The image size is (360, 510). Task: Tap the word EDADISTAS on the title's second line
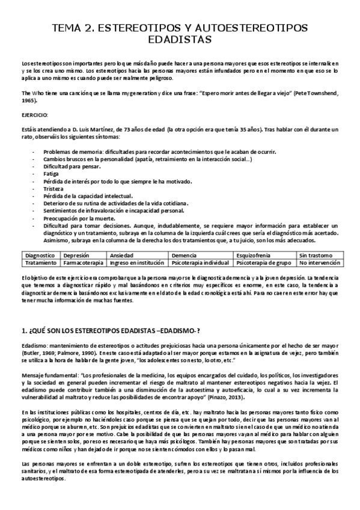(x=180, y=40)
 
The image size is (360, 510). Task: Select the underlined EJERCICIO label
(x=34, y=114)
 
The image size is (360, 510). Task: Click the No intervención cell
(x=320, y=263)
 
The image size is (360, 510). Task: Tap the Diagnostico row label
(x=40, y=255)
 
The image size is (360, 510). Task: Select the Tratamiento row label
(x=40, y=263)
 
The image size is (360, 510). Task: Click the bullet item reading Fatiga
(x=52, y=173)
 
